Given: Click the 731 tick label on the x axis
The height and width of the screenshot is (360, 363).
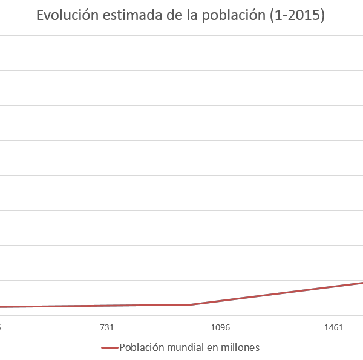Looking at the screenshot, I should pos(106,328).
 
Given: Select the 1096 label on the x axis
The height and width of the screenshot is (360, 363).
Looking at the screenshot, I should pos(220,328).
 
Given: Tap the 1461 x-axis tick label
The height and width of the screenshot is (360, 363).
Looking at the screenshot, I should pos(334,328).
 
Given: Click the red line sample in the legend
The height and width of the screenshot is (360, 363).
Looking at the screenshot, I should pos(109,348).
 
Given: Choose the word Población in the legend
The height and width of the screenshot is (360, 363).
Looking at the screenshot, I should pos(142,348).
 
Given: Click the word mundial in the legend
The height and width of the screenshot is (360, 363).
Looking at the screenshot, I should pos(185,348).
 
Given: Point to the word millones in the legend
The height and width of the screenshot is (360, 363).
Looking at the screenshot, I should pos(240,348).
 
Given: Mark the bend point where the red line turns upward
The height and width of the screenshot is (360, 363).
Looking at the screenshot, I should pos(192,304).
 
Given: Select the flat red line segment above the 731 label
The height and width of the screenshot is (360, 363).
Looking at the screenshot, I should pos(106,306).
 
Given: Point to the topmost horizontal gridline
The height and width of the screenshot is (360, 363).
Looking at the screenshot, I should pos(181,35).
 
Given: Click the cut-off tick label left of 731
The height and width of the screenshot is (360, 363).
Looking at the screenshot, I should pos(1,328).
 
